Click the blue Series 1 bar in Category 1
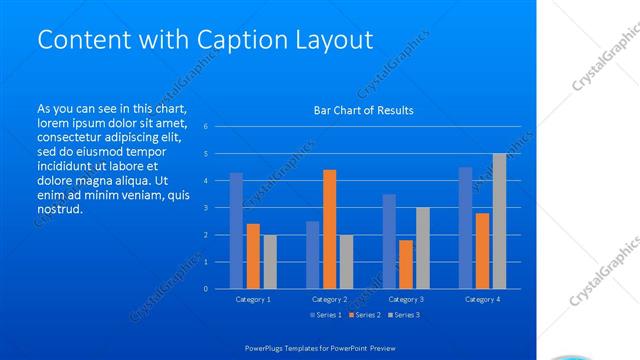pyautogui.click(x=236, y=231)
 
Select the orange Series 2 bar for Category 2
pyautogui.click(x=329, y=229)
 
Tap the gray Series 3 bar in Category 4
pyautogui.click(x=499, y=221)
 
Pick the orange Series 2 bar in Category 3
pyautogui.click(x=405, y=264)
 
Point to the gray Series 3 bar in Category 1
pyautogui.click(x=270, y=262)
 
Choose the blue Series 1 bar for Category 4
pyautogui.click(x=465, y=228)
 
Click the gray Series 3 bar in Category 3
pyautogui.click(x=422, y=248)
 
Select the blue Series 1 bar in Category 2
pyautogui.click(x=312, y=255)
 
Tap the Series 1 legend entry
pyautogui.click(x=327, y=315)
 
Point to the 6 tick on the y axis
pyautogui.click(x=205, y=127)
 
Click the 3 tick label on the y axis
pyautogui.click(x=205, y=208)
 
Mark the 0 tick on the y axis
pyautogui.click(x=205, y=289)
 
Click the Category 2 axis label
pyautogui.click(x=329, y=299)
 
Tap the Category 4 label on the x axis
pyautogui.click(x=482, y=299)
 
